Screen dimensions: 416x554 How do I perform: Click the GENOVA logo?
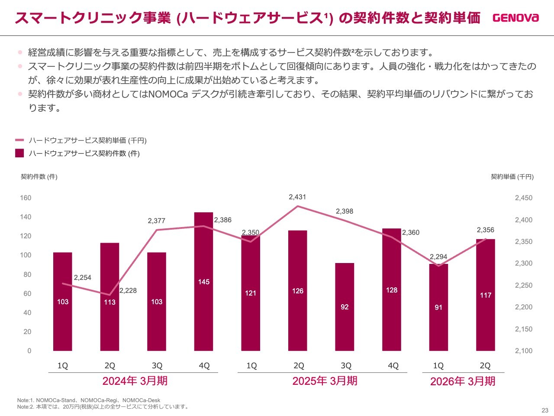(x=515, y=18)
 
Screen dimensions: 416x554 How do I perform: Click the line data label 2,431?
(x=297, y=197)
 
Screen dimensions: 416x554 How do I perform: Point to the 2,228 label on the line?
(x=128, y=291)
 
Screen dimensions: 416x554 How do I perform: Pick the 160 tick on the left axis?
(x=26, y=198)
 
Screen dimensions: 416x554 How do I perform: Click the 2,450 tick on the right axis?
(x=523, y=198)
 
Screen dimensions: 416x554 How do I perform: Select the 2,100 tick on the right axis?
(x=523, y=351)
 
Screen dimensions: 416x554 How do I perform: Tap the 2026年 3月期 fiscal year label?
(x=463, y=381)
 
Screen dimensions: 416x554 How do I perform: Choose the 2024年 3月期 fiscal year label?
(x=135, y=381)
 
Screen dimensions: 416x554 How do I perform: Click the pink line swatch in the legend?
(x=19, y=140)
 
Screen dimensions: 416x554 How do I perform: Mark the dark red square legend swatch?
(x=19, y=153)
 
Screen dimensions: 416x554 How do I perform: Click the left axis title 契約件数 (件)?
(x=39, y=177)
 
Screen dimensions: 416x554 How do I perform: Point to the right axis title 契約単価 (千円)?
(x=512, y=177)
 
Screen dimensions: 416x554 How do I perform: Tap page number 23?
(x=544, y=410)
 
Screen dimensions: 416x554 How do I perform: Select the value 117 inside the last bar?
(x=486, y=296)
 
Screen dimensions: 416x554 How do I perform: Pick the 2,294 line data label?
(x=438, y=257)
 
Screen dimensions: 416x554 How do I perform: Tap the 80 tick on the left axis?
(x=27, y=275)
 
